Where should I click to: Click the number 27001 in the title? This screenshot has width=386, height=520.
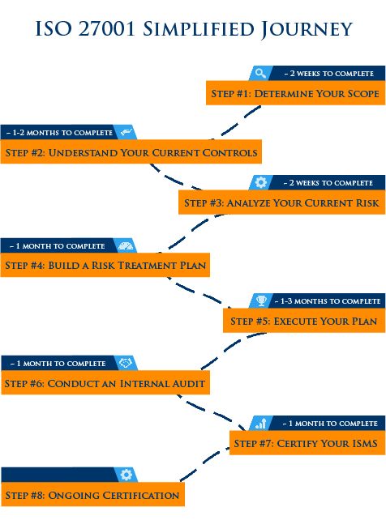tap(107, 29)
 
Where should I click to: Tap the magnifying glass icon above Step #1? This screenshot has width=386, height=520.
tap(260, 73)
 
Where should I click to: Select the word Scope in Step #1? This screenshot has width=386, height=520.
tap(363, 93)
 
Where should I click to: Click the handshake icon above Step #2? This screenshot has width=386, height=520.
tap(127, 132)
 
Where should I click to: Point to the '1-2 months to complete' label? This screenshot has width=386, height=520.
tap(60, 133)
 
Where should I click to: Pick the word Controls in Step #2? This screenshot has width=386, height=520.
tap(229, 152)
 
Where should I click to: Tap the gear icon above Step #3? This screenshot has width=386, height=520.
tap(261, 182)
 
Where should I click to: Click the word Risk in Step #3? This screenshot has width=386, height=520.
tap(367, 203)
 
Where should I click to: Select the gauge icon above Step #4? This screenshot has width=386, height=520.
tap(126, 245)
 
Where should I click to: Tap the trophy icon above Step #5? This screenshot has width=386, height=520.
tap(262, 300)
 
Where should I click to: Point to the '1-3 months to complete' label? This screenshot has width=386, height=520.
tap(328, 300)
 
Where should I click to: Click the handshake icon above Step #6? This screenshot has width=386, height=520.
tap(126, 363)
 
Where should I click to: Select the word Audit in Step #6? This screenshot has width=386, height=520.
tap(188, 383)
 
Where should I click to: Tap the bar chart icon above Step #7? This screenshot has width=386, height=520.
tap(261, 423)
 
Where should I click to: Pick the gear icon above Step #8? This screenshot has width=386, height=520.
tap(127, 475)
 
